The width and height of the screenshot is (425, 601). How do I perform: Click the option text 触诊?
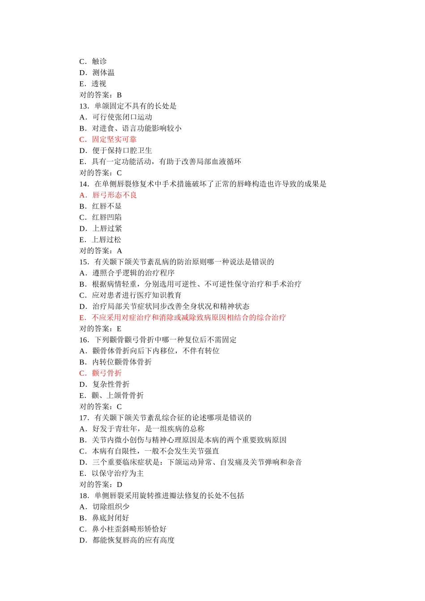[99, 61]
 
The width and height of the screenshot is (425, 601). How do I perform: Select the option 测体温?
[103, 72]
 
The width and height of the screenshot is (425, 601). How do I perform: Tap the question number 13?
[84, 106]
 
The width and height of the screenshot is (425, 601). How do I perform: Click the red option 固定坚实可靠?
[114, 140]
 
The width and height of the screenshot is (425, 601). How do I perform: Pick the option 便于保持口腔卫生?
[122, 151]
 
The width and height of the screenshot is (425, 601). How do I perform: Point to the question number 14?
[84, 184]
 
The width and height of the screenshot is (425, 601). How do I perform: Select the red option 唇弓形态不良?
[114, 195]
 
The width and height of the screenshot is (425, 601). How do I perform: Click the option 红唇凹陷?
[107, 217]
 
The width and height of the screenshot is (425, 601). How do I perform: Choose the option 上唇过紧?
[107, 229]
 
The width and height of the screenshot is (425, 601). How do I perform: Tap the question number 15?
[84, 262]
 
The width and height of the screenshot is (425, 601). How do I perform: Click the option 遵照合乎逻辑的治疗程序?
[133, 273]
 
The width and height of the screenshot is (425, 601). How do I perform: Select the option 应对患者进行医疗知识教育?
[137, 295]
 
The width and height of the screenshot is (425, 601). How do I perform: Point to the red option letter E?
[82, 317]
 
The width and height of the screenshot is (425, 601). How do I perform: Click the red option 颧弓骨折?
[107, 373]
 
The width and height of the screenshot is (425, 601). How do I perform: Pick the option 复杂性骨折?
[111, 384]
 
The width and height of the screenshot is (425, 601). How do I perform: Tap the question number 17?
[84, 418]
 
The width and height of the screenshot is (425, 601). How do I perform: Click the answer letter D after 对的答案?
[119, 485]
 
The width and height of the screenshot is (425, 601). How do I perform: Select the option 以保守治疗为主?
[118, 474]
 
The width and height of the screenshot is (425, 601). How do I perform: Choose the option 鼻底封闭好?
[111, 518]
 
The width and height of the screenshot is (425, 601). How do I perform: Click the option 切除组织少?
[111, 507]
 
